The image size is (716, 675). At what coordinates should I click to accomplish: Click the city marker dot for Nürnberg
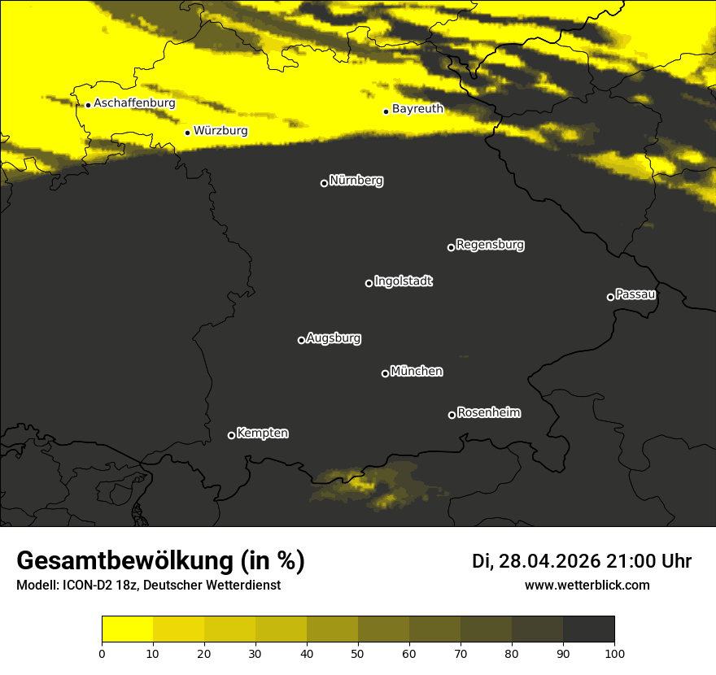click(x=324, y=183)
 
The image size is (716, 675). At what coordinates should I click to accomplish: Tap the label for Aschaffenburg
click(x=134, y=103)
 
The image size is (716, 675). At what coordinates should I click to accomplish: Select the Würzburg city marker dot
click(x=187, y=133)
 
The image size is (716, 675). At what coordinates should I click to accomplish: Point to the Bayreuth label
click(x=417, y=108)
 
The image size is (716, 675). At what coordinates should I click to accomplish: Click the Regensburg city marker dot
click(x=451, y=247)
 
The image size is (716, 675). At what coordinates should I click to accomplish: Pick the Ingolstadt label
click(x=404, y=281)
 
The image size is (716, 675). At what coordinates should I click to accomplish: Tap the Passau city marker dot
click(x=610, y=297)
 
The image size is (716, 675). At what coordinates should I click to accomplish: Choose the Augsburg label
click(x=334, y=338)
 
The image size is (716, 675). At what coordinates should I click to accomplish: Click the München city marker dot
click(x=385, y=374)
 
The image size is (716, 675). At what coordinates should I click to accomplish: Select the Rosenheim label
click(x=489, y=413)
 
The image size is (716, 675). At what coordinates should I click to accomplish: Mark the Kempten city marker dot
click(x=231, y=435)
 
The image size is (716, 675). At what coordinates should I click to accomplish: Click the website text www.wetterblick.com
click(x=587, y=585)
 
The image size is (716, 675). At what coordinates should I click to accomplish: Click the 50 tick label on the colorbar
click(x=358, y=652)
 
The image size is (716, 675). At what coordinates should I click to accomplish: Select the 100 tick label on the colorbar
click(x=614, y=652)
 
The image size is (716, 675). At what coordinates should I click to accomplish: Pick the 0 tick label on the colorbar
click(x=102, y=652)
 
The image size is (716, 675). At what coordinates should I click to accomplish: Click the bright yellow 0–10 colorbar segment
click(x=127, y=629)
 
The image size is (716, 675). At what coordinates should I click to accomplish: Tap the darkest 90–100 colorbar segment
click(x=588, y=629)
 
